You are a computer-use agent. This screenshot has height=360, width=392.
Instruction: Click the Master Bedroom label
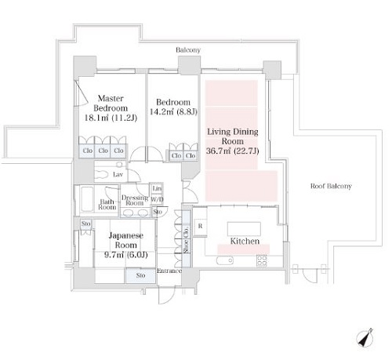[111, 104]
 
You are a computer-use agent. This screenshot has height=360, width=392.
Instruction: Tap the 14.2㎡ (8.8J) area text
[173, 112]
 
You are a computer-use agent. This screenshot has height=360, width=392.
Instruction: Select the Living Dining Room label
[233, 136]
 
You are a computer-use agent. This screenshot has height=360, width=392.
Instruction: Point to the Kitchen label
[245, 241]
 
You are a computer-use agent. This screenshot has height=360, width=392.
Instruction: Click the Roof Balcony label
[331, 186]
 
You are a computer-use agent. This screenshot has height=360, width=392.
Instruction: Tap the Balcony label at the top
[188, 50]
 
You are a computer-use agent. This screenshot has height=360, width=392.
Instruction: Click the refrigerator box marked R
[200, 226]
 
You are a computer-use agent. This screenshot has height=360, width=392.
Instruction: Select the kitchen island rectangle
[244, 229]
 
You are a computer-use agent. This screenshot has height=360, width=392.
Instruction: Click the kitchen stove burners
[262, 260]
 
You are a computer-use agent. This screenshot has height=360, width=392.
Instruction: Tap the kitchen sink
[225, 260]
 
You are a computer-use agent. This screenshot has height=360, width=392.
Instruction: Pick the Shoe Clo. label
[186, 240]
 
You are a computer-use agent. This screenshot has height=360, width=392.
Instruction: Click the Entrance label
[169, 271]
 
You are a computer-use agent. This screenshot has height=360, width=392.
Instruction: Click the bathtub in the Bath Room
[87, 199]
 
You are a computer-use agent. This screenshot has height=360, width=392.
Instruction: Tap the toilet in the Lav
[102, 174]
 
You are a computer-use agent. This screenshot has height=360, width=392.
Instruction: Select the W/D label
[157, 199]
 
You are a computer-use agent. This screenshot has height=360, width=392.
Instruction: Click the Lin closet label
[157, 188]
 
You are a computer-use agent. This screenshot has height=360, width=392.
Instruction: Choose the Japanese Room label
[126, 240]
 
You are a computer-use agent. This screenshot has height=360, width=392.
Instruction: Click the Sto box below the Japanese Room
[140, 275]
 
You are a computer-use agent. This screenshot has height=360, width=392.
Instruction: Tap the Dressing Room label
[135, 200]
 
